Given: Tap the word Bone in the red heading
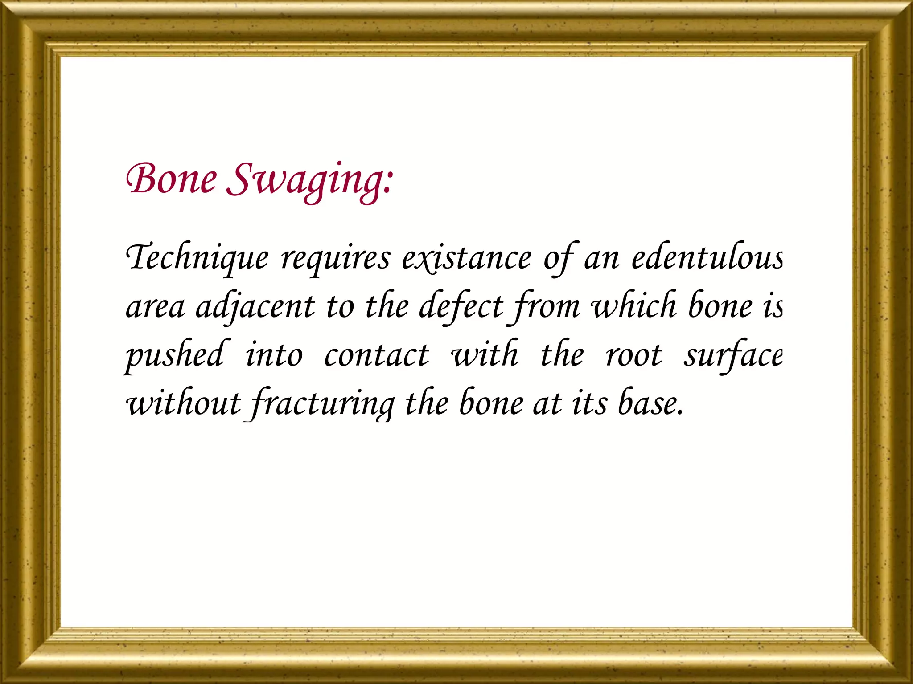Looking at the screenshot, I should point(171,179).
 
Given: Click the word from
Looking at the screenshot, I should point(546,307).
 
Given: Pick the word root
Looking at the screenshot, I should point(633,356).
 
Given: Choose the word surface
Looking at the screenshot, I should point(733,356).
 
